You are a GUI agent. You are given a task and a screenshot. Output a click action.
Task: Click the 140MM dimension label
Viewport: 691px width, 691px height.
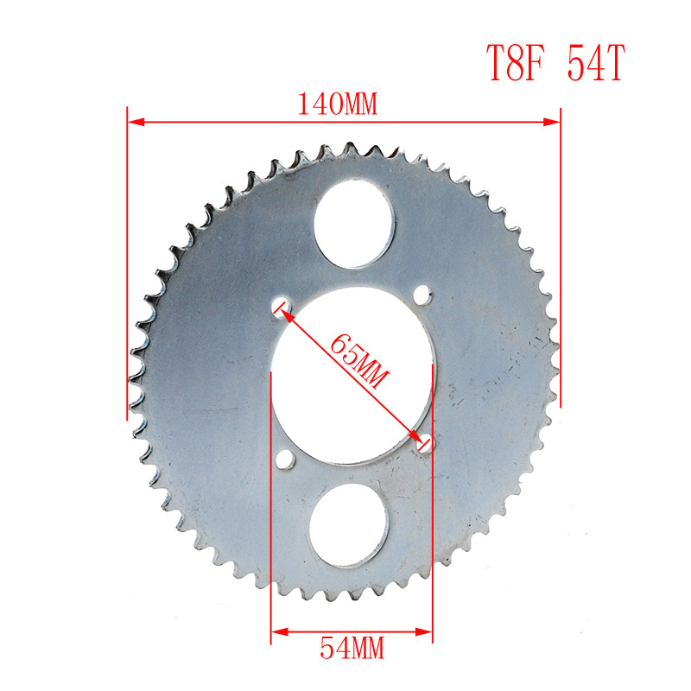[x=339, y=105]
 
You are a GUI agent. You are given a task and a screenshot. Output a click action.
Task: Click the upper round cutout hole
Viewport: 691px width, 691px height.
[x=354, y=226]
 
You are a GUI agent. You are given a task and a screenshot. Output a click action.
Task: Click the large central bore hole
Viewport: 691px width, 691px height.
[x=352, y=371]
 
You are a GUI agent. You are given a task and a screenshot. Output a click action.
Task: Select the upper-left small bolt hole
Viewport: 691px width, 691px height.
[x=281, y=304]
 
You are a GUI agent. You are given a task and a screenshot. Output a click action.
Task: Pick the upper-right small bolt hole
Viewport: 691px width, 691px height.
[x=422, y=296]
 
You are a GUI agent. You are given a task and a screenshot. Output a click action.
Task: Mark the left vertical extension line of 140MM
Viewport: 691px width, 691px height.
[x=128, y=259]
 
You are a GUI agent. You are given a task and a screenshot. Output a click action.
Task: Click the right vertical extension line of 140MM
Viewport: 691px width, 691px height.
[x=561, y=259]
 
